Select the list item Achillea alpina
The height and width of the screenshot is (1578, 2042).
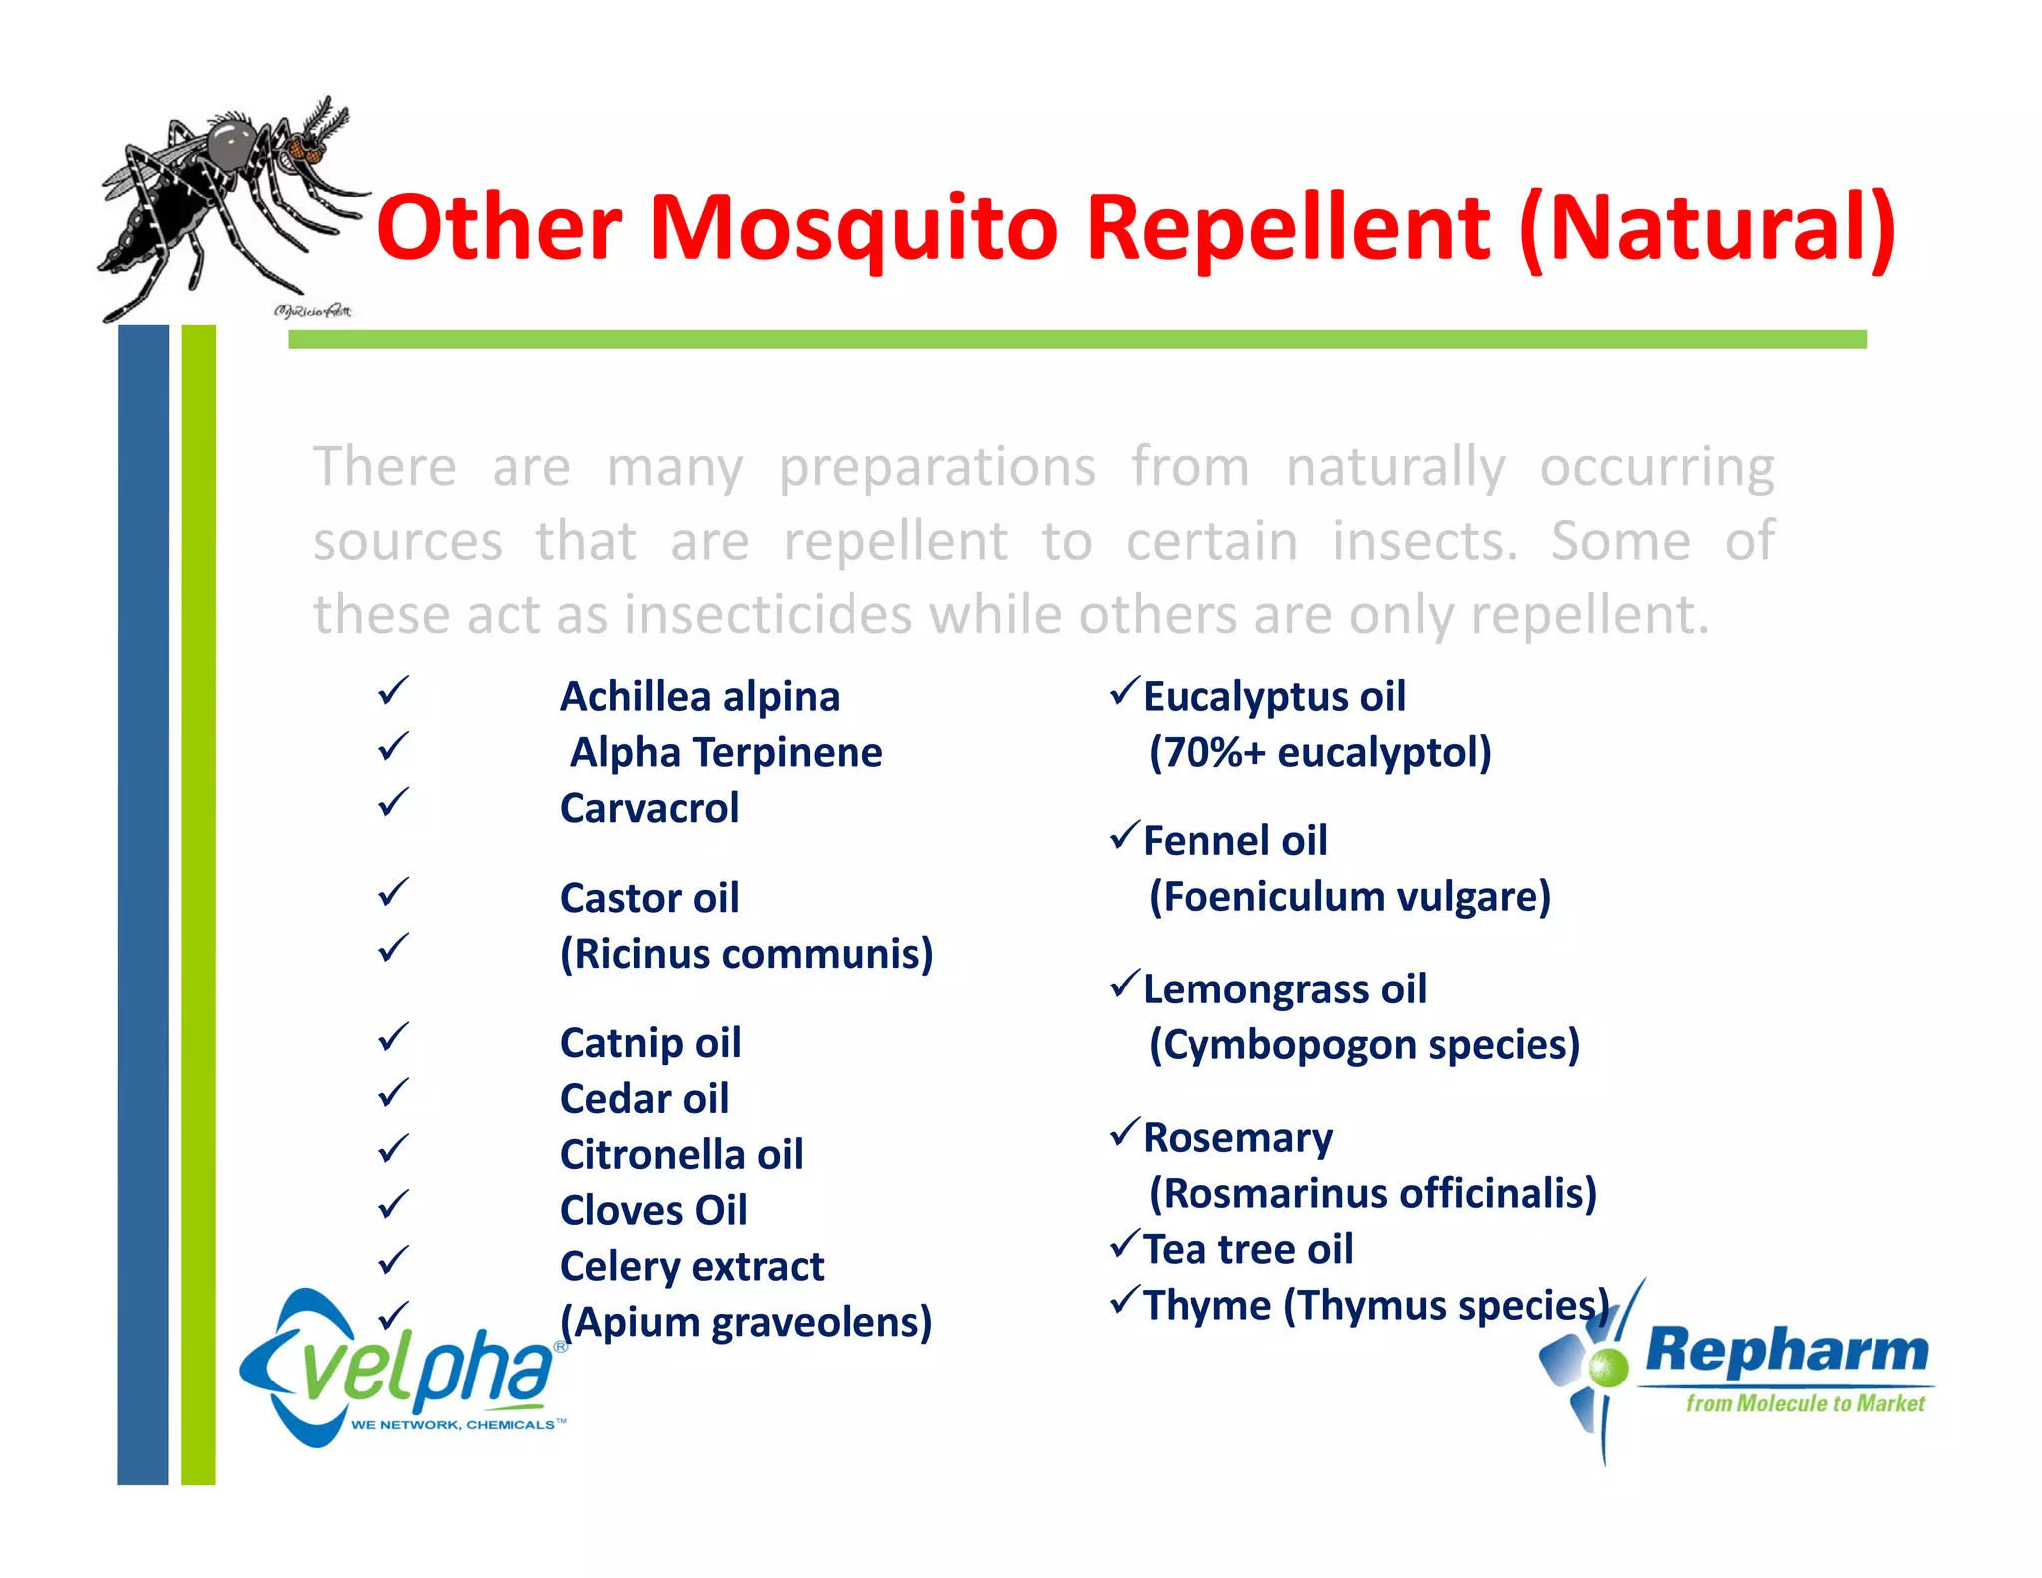point(699,696)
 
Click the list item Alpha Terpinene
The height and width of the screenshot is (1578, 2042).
point(726,752)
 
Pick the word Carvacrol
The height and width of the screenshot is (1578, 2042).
point(649,808)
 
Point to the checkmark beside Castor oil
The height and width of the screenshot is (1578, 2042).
point(394,892)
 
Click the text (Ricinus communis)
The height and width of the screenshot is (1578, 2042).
point(747,954)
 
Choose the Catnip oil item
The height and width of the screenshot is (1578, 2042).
point(650,1043)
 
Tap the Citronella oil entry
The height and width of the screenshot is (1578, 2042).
point(681,1155)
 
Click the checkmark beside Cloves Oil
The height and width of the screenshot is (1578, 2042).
point(394,1204)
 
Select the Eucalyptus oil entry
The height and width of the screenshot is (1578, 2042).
point(1273,696)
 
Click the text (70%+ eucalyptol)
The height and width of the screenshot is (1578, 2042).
point(1319,752)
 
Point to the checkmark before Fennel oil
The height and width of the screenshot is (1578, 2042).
point(1125,835)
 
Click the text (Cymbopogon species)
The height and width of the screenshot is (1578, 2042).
point(1364,1045)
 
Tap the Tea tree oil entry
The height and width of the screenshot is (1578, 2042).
point(1247,1249)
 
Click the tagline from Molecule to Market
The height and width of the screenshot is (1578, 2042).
point(1805,1403)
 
